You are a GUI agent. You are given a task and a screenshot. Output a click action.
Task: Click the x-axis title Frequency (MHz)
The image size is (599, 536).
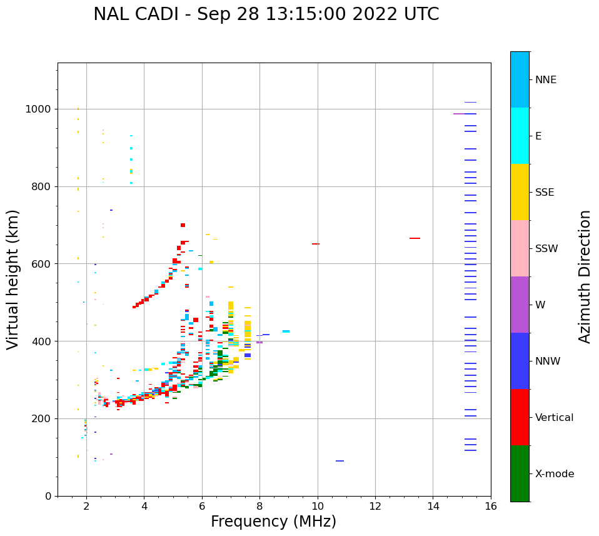click(x=273, y=522)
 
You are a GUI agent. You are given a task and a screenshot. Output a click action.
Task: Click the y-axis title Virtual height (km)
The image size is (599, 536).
click(x=13, y=279)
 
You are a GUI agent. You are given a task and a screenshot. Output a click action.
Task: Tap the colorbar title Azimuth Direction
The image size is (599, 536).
click(x=585, y=276)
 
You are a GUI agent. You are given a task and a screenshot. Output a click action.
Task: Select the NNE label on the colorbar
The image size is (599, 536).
click(x=545, y=80)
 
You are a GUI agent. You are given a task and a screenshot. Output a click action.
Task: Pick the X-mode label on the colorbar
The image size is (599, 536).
click(x=554, y=474)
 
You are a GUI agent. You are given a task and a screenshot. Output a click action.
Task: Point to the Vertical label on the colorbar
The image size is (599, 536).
click(x=554, y=418)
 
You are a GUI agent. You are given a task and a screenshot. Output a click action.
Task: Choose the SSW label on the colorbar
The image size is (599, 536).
click(x=546, y=249)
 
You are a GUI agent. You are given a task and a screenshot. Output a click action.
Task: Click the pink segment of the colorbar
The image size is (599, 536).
click(x=520, y=248)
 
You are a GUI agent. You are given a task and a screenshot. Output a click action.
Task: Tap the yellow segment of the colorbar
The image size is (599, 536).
click(x=520, y=192)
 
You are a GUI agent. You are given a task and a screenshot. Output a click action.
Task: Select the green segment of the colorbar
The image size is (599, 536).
click(x=520, y=473)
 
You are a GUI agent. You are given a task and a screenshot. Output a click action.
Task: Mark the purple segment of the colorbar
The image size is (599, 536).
click(x=520, y=305)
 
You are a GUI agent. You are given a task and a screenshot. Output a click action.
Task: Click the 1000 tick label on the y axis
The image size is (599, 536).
click(x=39, y=109)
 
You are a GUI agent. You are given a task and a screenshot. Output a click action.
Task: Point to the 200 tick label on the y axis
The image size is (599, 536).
click(x=43, y=419)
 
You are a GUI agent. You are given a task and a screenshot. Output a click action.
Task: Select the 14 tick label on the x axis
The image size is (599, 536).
click(x=433, y=507)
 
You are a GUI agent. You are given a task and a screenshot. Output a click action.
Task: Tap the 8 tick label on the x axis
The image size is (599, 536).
click(x=259, y=507)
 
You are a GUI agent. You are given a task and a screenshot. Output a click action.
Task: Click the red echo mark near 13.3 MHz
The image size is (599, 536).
click(x=415, y=238)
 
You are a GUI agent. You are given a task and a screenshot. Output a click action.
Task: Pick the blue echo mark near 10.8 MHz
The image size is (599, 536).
click(x=340, y=461)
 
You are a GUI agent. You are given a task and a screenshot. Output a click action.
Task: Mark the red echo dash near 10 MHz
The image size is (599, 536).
click(x=316, y=244)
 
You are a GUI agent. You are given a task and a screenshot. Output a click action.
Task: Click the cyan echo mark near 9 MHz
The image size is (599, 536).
click(x=286, y=331)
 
